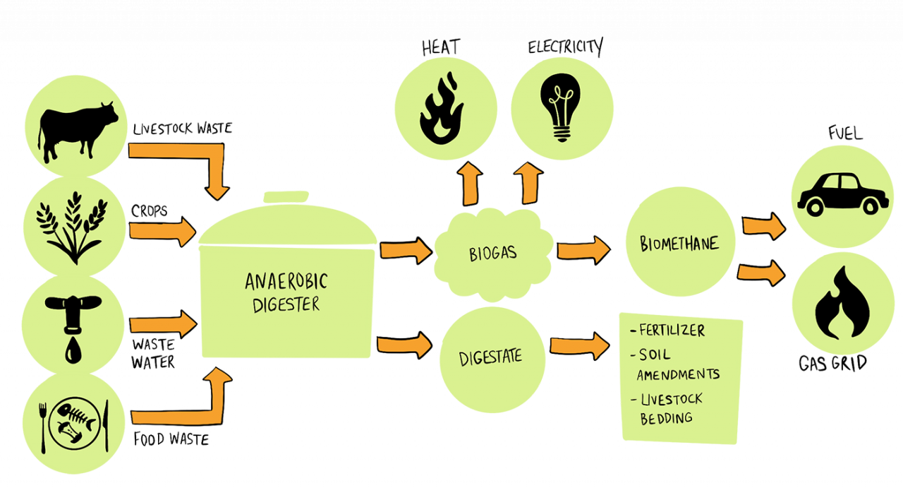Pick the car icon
[842, 193]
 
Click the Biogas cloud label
[493, 252]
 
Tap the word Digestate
[491, 357]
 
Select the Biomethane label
[679, 244]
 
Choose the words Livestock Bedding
[670, 408]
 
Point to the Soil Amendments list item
[677, 363]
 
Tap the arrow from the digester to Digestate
[404, 345]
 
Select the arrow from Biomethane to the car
[764, 227]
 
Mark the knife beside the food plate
[107, 424]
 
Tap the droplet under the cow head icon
[73, 351]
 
